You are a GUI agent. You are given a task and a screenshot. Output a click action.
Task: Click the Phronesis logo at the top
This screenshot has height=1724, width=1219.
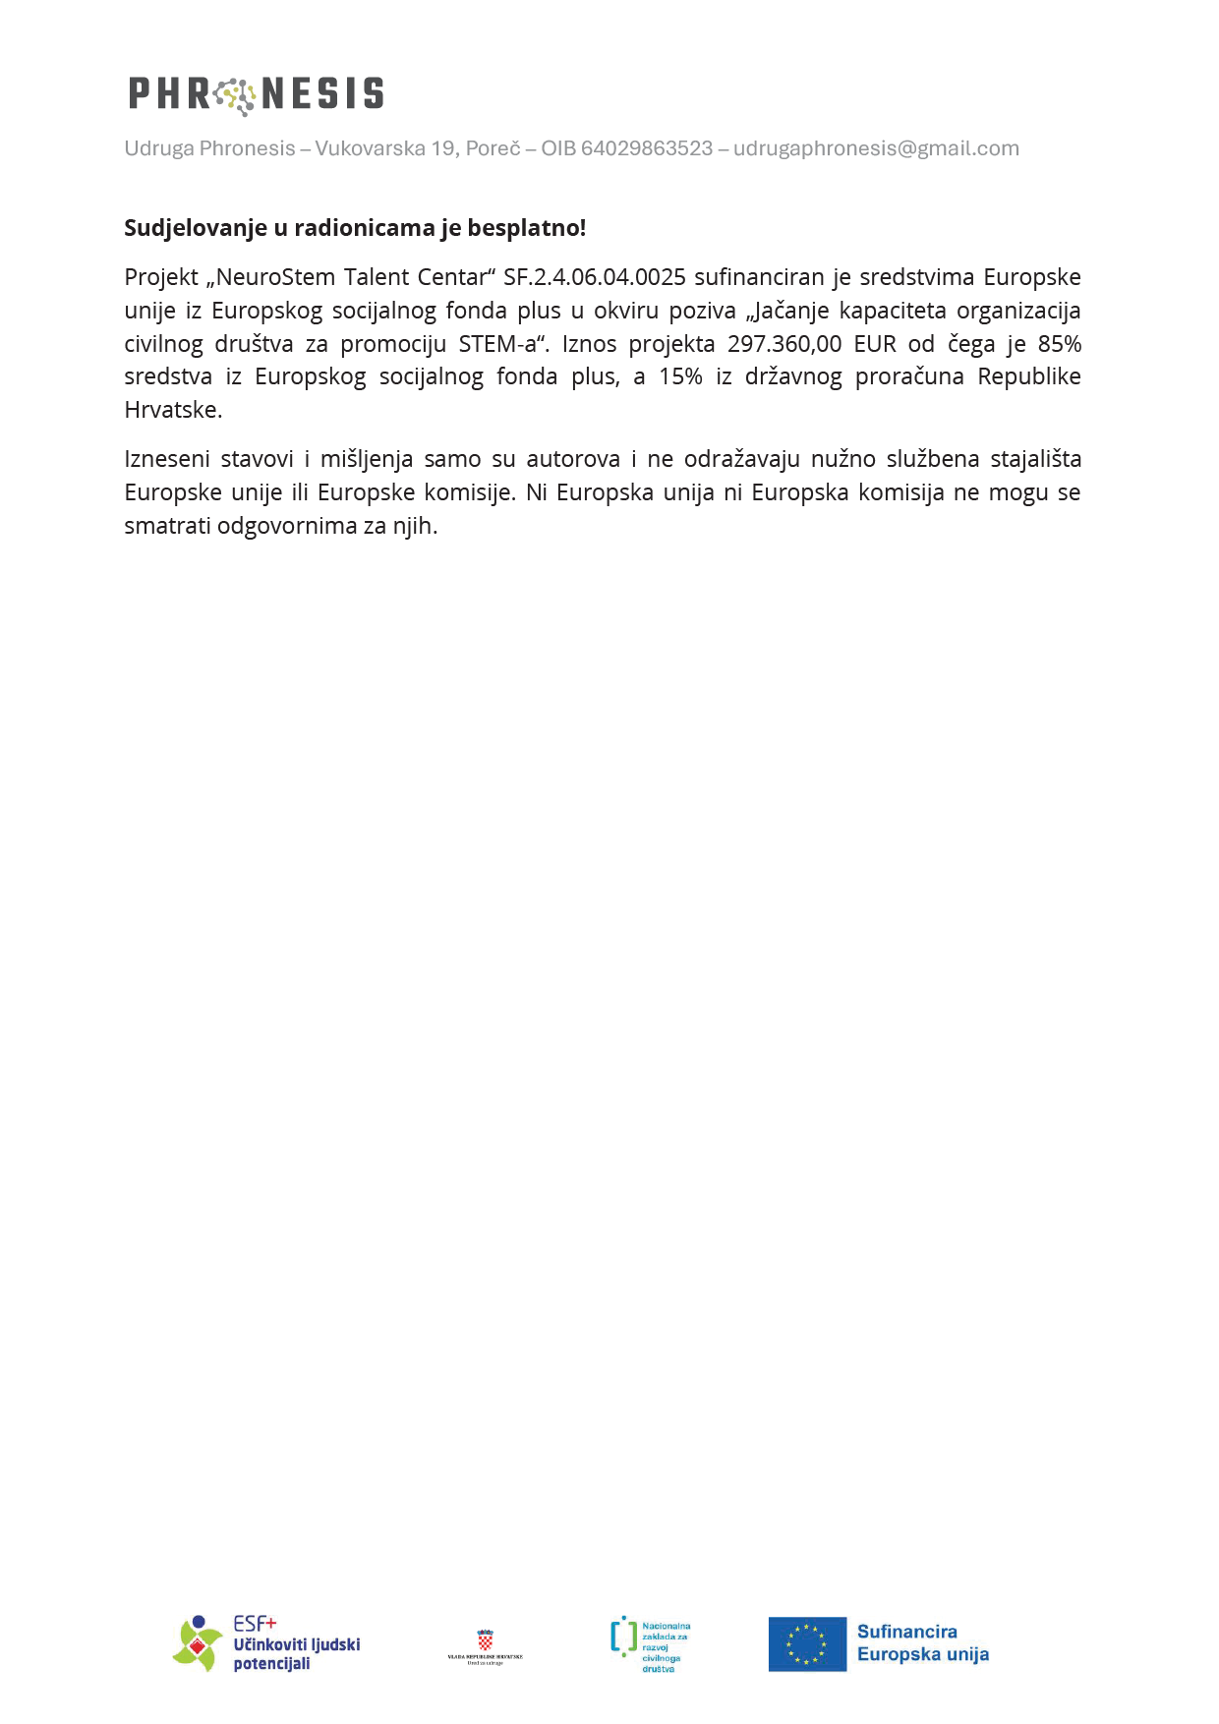(x=256, y=94)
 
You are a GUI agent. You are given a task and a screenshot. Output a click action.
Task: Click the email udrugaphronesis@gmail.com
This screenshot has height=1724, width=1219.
(x=876, y=148)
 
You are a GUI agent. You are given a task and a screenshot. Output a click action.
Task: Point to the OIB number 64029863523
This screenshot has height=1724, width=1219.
(x=647, y=148)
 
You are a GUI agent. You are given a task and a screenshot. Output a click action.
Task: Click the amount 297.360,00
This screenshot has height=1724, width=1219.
(x=784, y=344)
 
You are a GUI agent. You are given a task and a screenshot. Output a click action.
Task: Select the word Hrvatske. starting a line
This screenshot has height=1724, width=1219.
(x=173, y=410)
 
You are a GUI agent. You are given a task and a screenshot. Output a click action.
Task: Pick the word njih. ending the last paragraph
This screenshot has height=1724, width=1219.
(x=415, y=526)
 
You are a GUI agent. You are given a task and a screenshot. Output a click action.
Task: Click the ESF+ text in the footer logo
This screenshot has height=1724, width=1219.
(x=255, y=1624)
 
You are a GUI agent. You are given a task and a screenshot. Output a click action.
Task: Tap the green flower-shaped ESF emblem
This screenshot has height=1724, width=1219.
(x=198, y=1644)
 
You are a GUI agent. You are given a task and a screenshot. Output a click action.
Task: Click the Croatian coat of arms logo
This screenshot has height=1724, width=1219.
(x=485, y=1640)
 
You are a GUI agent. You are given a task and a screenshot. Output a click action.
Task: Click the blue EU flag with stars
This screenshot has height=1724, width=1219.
(x=807, y=1644)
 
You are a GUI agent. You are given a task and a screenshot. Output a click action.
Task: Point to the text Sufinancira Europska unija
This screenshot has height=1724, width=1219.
(x=922, y=1643)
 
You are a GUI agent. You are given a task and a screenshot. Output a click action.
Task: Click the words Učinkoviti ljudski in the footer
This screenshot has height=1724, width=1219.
(x=296, y=1644)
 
